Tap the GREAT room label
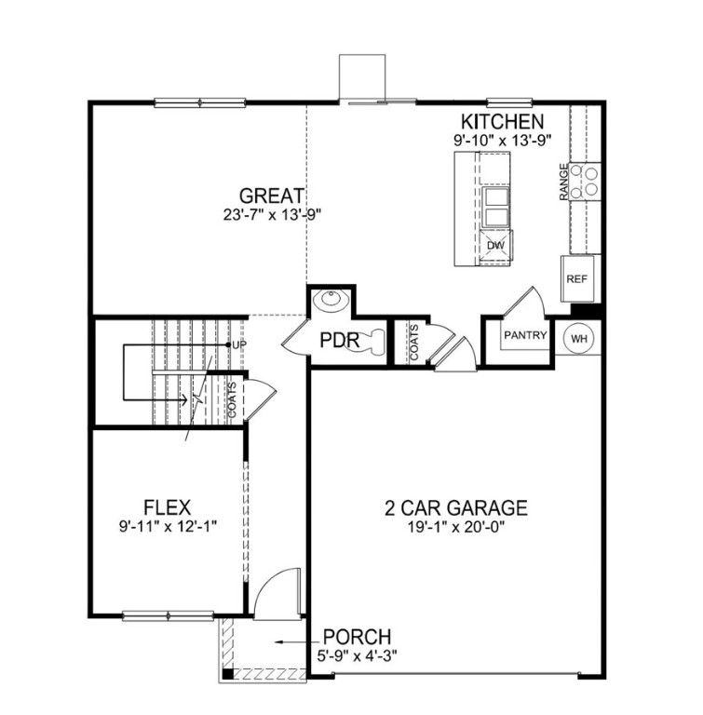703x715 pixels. coord(272,196)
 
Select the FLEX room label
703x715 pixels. coord(168,507)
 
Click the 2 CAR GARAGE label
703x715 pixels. coord(456,507)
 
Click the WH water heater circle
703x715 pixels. coord(578,338)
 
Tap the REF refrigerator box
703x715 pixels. coord(576,277)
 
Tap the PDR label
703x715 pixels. coord(339,341)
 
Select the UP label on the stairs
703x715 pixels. coord(238,344)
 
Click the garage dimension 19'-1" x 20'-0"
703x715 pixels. coord(456,526)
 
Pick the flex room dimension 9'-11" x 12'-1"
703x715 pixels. coord(168,526)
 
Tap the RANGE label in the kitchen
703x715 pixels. coord(564,182)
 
